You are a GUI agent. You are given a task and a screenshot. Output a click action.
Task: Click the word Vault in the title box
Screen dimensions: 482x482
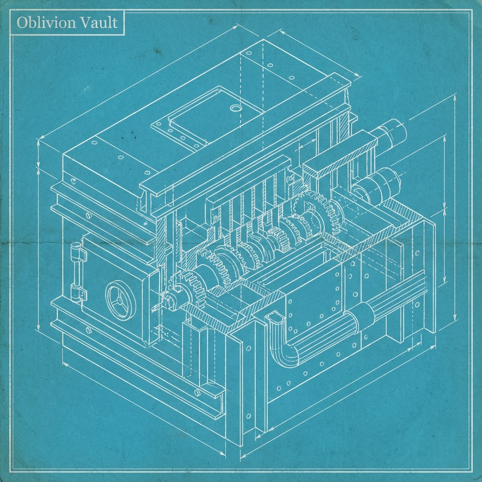click(99, 23)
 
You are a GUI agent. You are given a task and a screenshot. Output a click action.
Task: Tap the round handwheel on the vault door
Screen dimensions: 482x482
click(120, 300)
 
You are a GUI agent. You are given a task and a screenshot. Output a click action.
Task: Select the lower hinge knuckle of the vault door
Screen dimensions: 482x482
click(77, 292)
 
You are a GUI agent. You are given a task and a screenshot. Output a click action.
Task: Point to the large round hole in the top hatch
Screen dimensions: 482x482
click(234, 108)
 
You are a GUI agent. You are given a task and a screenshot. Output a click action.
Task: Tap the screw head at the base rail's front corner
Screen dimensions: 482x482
click(198, 393)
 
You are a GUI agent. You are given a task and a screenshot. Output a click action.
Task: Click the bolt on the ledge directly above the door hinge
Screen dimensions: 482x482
click(88, 216)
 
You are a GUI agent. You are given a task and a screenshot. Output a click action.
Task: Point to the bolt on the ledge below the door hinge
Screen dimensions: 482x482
click(88, 329)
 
